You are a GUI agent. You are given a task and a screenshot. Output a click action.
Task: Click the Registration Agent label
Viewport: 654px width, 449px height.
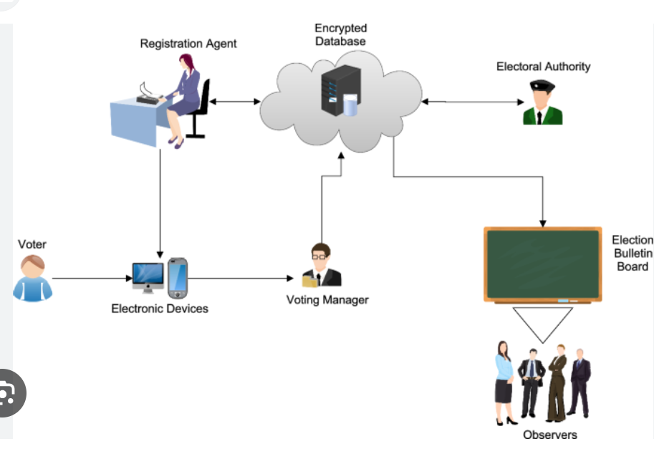(x=188, y=44)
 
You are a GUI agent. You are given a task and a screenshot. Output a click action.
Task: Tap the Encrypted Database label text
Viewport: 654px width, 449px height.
(x=340, y=34)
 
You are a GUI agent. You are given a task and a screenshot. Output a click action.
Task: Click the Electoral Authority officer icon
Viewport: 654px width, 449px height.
(x=542, y=103)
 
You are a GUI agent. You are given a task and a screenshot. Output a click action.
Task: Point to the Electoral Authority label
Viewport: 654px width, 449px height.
(x=543, y=67)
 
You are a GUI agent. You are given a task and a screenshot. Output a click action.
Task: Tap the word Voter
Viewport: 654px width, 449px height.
(x=32, y=245)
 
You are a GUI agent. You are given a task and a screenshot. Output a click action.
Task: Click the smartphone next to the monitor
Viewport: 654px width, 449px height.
(x=178, y=278)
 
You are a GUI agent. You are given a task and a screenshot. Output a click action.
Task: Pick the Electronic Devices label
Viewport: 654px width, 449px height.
(x=160, y=309)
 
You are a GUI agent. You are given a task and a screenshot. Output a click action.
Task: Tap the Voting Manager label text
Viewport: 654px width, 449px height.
(x=327, y=299)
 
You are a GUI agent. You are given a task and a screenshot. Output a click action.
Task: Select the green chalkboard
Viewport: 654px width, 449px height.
(x=542, y=265)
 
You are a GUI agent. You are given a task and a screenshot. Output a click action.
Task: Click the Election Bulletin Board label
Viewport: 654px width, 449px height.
(x=632, y=254)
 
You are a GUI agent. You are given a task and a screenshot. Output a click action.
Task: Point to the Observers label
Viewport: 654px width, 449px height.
(x=549, y=435)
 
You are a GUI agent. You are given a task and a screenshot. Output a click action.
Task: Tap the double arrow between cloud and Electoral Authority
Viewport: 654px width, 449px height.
(x=473, y=102)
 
